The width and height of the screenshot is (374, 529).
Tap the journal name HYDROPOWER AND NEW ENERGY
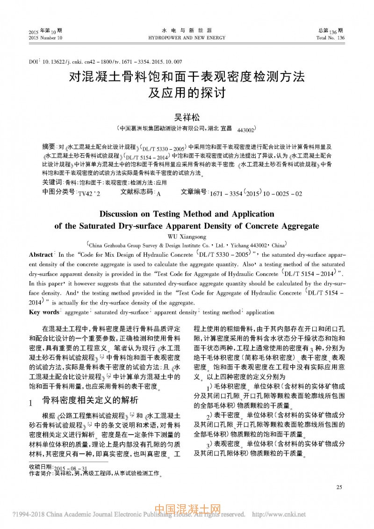(187, 38)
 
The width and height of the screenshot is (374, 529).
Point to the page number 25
(339, 487)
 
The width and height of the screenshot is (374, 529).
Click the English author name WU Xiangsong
(187, 237)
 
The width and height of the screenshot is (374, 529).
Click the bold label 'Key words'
(44, 312)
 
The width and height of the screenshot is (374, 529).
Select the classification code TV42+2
(89, 193)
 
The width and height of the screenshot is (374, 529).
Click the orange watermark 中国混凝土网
(187, 510)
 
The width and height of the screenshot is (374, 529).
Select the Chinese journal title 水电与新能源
(187, 30)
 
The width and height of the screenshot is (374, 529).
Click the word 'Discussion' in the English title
(122, 214)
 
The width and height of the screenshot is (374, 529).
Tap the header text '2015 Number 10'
(45, 38)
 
